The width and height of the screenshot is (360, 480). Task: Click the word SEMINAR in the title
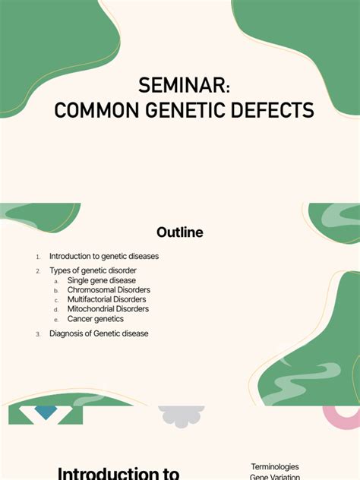179,85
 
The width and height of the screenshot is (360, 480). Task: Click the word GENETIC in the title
179,111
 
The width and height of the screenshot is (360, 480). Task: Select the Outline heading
179,232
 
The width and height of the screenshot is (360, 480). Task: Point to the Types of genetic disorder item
93,270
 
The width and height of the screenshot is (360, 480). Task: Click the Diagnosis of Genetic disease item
99,333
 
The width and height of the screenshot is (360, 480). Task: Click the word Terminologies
275,467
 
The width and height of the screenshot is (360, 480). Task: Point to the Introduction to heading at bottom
118,473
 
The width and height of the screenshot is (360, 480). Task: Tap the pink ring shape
340,416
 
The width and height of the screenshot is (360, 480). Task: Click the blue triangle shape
46,412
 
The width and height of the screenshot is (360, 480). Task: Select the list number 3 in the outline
38,334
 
